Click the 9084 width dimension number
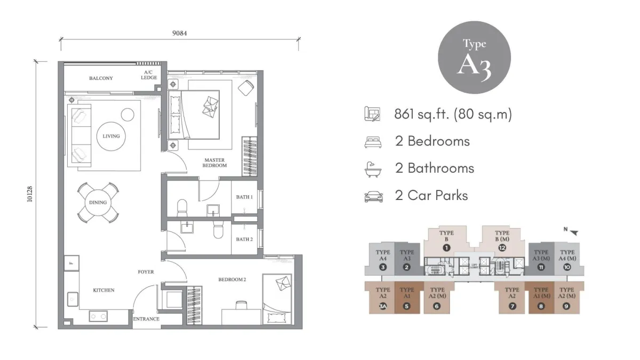point(179,33)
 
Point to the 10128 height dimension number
point(30,194)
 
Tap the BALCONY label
point(101,78)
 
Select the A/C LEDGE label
point(149,75)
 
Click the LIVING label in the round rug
point(111,137)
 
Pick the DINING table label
point(98,203)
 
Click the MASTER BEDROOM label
point(214,163)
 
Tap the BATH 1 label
point(244,197)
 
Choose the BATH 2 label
point(244,239)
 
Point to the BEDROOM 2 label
point(232,279)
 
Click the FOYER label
point(146,272)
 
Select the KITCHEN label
point(103,290)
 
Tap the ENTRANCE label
point(146,319)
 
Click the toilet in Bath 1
point(182,208)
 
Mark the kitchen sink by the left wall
point(73,299)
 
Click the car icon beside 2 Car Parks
point(373,197)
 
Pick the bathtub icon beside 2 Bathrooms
point(373,170)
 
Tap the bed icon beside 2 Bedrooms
point(373,142)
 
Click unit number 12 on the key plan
point(502,247)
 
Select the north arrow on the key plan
point(574,233)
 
